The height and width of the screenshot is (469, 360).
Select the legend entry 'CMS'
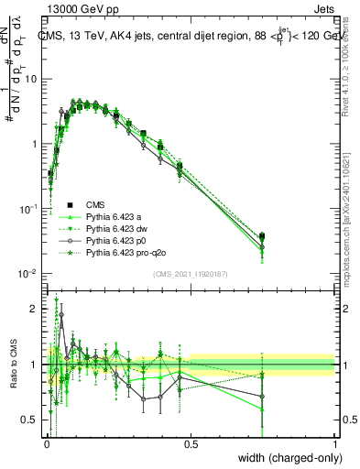[x=96, y=204]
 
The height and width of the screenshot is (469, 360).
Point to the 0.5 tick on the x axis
[x=191, y=445]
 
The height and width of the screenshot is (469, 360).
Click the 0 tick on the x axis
[x=46, y=445]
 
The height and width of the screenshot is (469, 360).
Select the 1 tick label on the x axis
[x=335, y=445]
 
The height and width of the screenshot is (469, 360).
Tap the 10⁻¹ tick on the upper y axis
[x=30, y=209]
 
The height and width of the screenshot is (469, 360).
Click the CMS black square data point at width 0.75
[x=263, y=236]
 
